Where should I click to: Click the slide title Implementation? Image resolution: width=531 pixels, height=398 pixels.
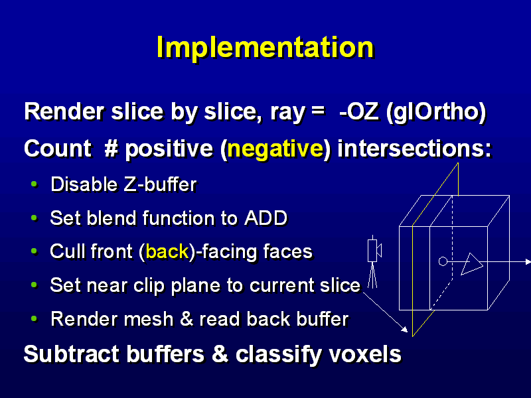click(x=265, y=47)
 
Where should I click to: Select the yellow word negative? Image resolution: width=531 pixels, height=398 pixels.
click(x=275, y=149)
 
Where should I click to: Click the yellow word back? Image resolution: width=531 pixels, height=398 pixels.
click(x=167, y=251)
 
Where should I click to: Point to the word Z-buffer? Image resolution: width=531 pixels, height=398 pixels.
click(x=160, y=185)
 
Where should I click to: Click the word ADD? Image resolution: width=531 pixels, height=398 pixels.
click(x=266, y=218)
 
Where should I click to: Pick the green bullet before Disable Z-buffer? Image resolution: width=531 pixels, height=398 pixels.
click(x=35, y=184)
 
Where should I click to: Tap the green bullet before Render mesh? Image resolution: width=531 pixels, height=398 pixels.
click(x=35, y=318)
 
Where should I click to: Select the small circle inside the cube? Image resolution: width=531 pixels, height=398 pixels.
click(x=443, y=261)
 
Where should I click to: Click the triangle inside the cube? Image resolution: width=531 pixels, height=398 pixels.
click(x=471, y=263)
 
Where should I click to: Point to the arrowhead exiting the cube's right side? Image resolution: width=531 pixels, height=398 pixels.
click(x=528, y=261)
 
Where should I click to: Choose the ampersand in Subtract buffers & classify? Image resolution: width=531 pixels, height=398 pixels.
click(x=220, y=354)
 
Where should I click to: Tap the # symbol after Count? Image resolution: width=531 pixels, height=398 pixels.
click(x=111, y=148)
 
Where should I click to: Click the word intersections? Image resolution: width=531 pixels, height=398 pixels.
click(x=414, y=149)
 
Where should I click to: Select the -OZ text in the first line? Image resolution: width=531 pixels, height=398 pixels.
click(x=358, y=112)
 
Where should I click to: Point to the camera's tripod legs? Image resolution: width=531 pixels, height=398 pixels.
click(x=372, y=275)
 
